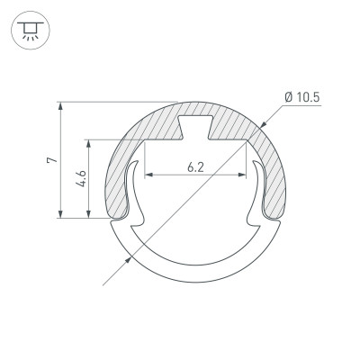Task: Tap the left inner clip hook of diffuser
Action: [x=136, y=193]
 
